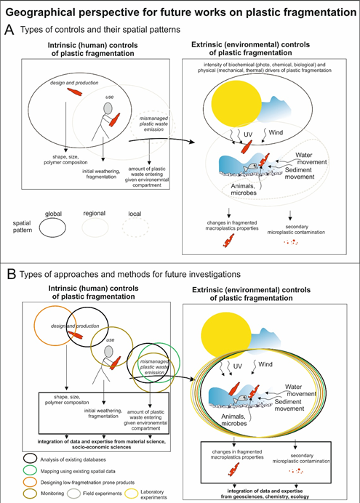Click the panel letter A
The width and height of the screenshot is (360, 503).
(9, 30)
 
